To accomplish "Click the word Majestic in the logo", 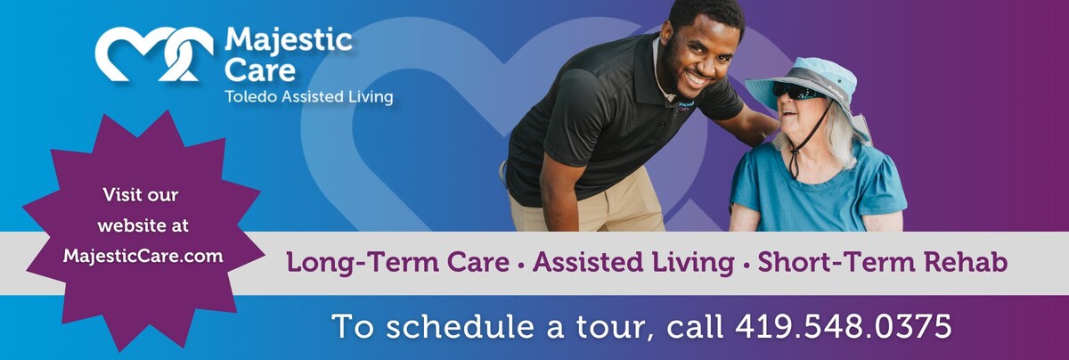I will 288,39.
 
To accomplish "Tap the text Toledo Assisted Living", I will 308,96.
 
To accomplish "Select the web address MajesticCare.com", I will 143,256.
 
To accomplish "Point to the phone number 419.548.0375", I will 843,326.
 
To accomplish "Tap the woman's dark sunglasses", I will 796,91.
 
